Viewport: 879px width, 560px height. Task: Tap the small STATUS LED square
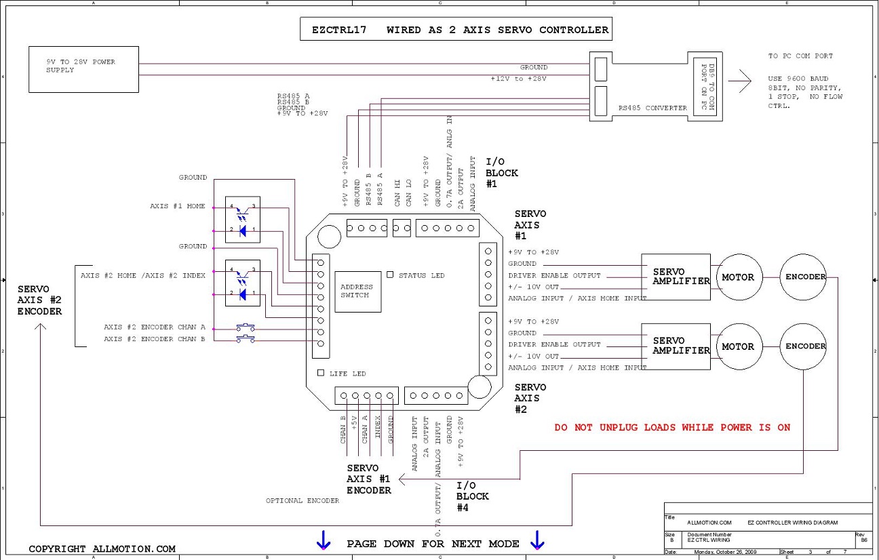coord(390,275)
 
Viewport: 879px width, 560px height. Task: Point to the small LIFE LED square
coord(321,373)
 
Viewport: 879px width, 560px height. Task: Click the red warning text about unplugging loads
coord(672,427)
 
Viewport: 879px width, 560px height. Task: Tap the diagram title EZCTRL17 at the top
coord(339,30)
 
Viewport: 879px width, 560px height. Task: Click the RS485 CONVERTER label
coord(652,108)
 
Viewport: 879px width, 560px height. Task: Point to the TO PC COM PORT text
coord(800,56)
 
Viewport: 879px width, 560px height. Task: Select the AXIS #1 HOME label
coord(178,206)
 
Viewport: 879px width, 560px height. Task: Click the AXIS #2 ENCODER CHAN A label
coord(155,327)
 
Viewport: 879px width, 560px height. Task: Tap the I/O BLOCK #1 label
coord(501,173)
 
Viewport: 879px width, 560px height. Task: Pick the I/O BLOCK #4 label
coord(473,496)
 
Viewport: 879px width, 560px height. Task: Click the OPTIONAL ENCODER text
coord(302,500)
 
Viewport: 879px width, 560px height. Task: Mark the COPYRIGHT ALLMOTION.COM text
coord(102,548)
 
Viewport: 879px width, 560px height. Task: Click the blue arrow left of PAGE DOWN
coord(324,540)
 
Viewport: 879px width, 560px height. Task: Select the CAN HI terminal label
coord(397,193)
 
